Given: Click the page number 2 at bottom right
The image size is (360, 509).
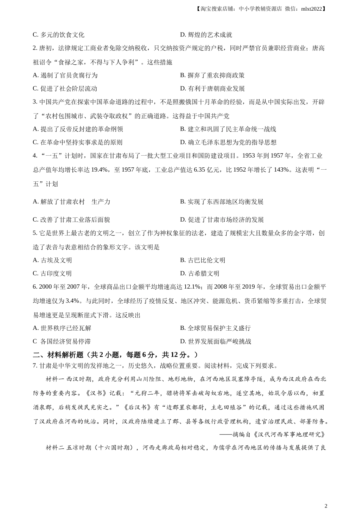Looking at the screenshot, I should pos(326,505).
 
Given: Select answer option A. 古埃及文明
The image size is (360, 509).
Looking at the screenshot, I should pos(52,260).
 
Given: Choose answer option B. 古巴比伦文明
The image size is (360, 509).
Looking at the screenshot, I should pos(202,260).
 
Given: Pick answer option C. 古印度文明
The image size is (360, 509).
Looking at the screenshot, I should pos(52,273).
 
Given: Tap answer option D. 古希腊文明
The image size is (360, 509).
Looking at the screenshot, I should pos(200,273).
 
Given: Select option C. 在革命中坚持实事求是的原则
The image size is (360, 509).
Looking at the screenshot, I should pos(78,142).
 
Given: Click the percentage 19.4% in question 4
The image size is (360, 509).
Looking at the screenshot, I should pos(100,170).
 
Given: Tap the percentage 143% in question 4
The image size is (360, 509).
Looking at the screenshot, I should pos(281,170).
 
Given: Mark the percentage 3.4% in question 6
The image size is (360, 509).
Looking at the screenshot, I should pos(73,301).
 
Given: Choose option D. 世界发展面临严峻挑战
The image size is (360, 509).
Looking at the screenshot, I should pos(215,341).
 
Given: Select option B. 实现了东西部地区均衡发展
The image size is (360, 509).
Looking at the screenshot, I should pos(222,202).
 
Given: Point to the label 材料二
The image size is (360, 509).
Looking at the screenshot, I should pos(55,448).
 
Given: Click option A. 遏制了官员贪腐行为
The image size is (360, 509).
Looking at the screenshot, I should pos(65,75).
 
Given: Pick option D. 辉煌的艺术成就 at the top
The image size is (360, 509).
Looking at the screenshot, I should pos(206,35).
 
